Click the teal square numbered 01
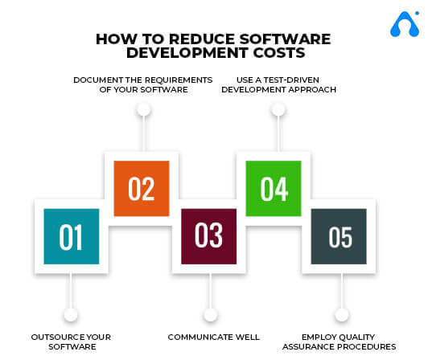(72, 236)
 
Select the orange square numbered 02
(142, 189)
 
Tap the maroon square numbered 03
(209, 236)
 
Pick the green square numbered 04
(274, 189)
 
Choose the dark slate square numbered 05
(339, 236)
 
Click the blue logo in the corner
(405, 24)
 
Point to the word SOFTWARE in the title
(286, 39)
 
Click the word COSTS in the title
(279, 53)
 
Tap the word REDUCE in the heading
(202, 39)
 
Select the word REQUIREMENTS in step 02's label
(179, 80)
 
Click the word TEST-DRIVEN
(291, 80)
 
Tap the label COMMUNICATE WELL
(214, 337)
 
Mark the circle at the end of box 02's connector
(144, 109)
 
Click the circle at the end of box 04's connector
(278, 109)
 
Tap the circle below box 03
(211, 315)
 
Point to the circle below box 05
(342, 315)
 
